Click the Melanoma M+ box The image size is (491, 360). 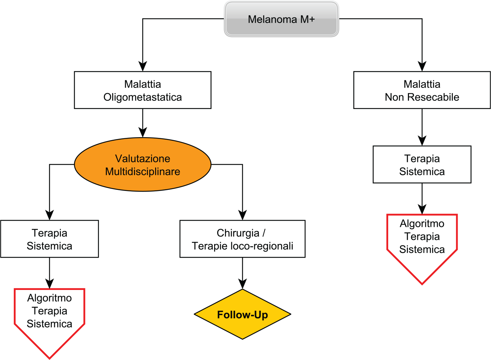[x=281, y=19]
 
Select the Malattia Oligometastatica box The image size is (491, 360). [x=143, y=90]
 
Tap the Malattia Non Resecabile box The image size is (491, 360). [x=422, y=90]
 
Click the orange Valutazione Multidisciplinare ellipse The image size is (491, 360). [x=143, y=165]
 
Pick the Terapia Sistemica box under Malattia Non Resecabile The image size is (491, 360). [x=422, y=165]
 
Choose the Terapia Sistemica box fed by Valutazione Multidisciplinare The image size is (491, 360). [x=49, y=239]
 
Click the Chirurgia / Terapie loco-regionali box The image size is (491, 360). [x=242, y=239]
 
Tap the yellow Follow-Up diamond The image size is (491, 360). [x=242, y=314]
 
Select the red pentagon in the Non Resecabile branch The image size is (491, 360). [x=422, y=245]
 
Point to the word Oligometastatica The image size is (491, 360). [x=143, y=97]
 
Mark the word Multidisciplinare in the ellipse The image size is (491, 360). [x=143, y=172]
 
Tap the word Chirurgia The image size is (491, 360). [x=238, y=233]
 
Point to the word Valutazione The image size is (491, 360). [x=143, y=159]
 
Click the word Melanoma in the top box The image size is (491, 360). [x=272, y=19]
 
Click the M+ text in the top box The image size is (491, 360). [x=308, y=19]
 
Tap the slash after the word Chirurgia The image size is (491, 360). [x=264, y=233]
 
